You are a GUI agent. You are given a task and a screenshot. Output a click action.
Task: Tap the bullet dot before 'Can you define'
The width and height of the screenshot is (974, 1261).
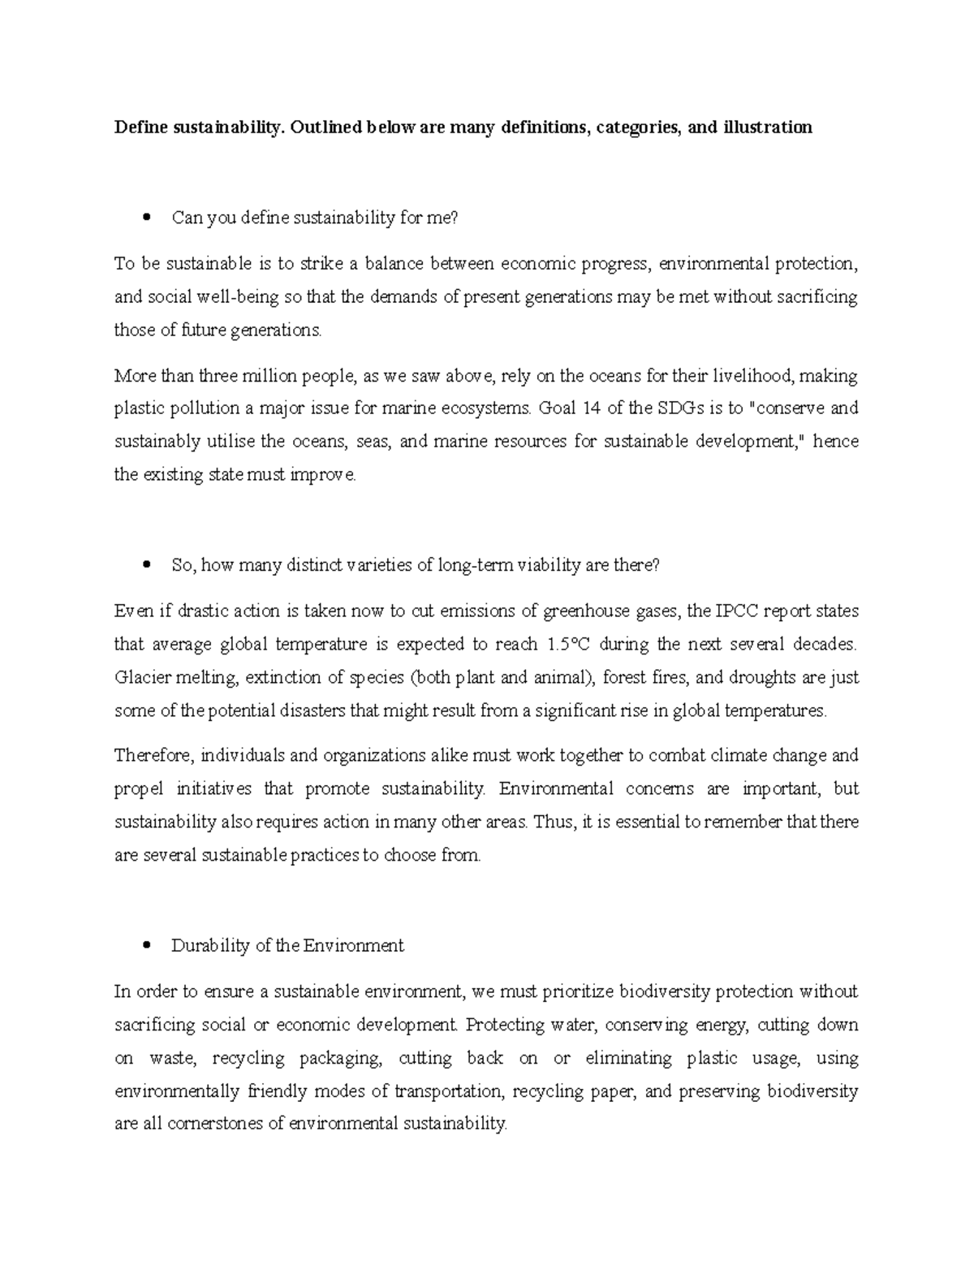click(x=146, y=218)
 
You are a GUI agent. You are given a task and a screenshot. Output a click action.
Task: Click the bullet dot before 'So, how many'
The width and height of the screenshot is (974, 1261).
click(x=146, y=565)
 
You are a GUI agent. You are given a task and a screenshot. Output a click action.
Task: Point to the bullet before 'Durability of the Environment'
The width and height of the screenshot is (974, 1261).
click(x=146, y=946)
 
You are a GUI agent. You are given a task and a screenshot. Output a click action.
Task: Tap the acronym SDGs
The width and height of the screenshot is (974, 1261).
click(x=674, y=408)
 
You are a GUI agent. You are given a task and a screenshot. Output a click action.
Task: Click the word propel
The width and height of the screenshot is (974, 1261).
click(x=138, y=789)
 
